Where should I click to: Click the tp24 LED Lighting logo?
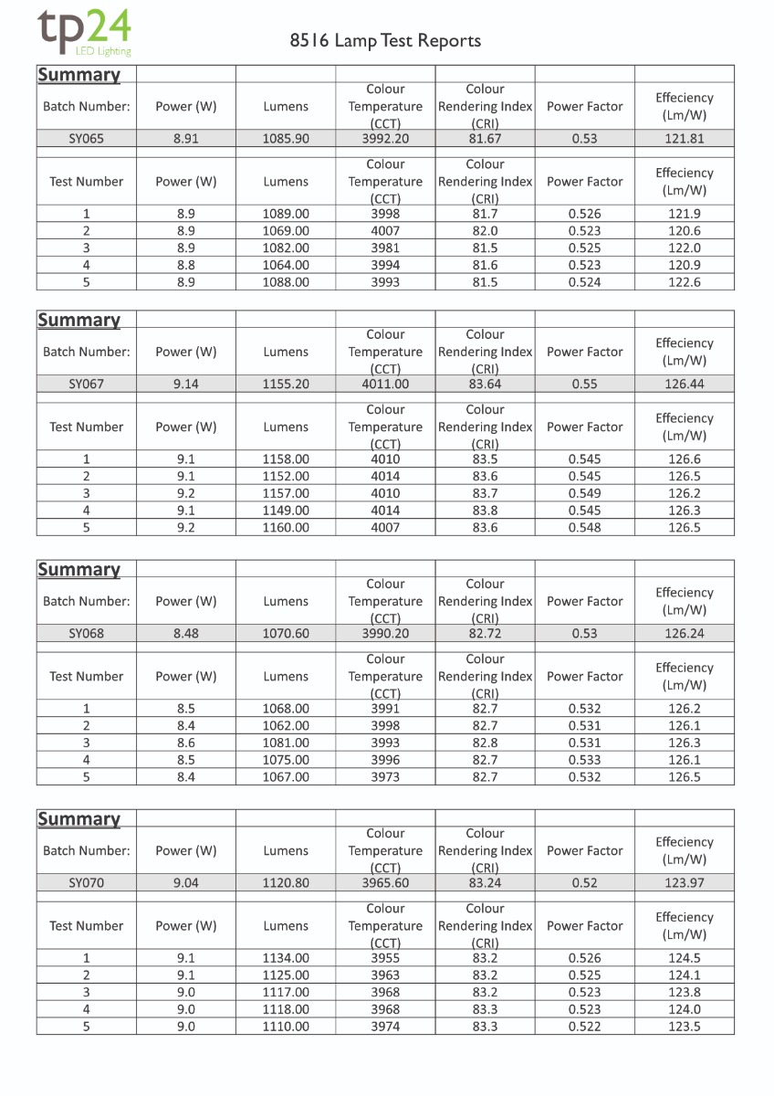[x=85, y=34]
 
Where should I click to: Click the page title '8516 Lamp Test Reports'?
[x=385, y=41]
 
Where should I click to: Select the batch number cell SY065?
[x=87, y=139]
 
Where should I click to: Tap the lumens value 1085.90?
[x=286, y=139]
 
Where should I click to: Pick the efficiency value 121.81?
[x=685, y=139]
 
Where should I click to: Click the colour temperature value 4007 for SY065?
[x=385, y=231]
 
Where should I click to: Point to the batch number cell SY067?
[x=87, y=385]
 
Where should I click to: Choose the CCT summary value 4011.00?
[x=385, y=385]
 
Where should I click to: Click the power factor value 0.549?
[x=584, y=493]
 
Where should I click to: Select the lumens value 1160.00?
[x=286, y=528]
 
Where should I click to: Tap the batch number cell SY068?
[x=87, y=634]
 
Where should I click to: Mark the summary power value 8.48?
[x=186, y=634]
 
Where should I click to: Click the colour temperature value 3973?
[x=385, y=777]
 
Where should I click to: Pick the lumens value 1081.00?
[x=286, y=743]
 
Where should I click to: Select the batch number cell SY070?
[x=87, y=883]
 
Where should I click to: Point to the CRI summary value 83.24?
[x=485, y=883]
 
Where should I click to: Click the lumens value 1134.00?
[x=286, y=958]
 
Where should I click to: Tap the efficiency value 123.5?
[x=685, y=1027]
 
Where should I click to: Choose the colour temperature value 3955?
[x=385, y=958]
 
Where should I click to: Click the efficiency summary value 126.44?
[x=685, y=385]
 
